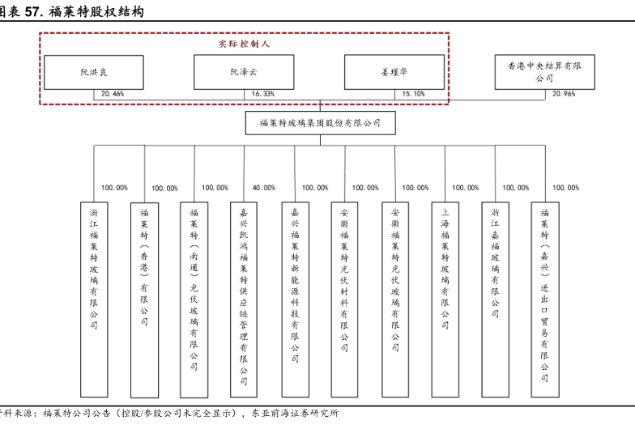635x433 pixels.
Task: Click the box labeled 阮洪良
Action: point(93,72)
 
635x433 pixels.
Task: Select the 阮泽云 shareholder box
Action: point(244,72)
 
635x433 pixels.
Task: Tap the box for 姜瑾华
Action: point(394,72)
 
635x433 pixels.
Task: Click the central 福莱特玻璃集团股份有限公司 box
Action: point(320,123)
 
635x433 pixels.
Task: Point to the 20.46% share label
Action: point(113,94)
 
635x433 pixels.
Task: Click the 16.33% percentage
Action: point(263,94)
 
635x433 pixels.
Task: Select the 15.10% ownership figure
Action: point(413,94)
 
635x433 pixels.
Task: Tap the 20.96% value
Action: point(564,94)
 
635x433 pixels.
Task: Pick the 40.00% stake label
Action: point(263,188)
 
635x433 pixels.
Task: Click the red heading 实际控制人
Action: point(244,42)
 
